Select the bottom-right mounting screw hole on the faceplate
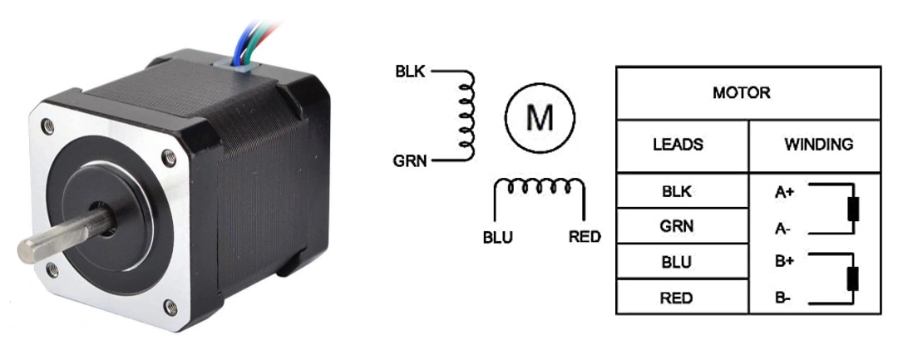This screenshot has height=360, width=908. point(171,308)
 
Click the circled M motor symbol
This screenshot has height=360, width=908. point(540,118)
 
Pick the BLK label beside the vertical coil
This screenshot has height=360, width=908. point(411,72)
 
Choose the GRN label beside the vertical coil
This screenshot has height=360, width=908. point(411,160)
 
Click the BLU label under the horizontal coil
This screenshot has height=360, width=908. point(498,238)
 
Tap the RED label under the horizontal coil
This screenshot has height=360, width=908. point(585,238)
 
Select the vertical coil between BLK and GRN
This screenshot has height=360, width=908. point(466,115)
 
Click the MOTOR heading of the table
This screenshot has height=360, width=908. point(741,93)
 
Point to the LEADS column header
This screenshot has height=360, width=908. point(678,145)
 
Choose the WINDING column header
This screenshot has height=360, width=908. point(818,145)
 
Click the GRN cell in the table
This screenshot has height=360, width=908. point(677,226)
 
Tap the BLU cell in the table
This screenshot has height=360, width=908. point(677,262)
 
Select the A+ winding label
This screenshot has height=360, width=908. point(784,193)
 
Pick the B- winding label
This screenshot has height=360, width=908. point(782,297)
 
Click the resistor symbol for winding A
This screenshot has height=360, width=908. point(852,209)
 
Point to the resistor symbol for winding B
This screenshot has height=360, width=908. point(852,279)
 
